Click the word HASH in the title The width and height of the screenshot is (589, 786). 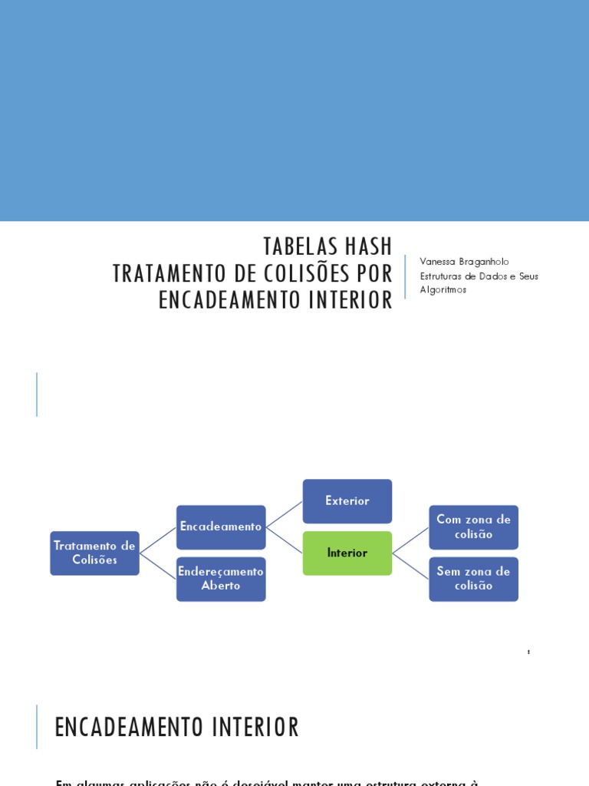click(x=366, y=246)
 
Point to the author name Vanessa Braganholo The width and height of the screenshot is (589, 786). click(x=464, y=262)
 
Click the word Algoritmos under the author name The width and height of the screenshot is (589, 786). click(x=443, y=289)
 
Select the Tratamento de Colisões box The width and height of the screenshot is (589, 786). click(x=94, y=553)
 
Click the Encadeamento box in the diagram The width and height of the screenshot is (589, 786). click(x=221, y=527)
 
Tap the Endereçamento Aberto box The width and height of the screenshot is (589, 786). click(x=221, y=579)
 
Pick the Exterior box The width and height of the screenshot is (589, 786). click(x=347, y=501)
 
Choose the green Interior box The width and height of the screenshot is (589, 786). click(x=347, y=553)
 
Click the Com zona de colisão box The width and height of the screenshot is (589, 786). click(x=473, y=527)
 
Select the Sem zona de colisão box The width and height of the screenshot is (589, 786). click(x=473, y=579)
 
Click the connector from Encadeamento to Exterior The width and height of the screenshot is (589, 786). click(x=284, y=514)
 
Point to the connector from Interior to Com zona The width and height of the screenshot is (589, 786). click(x=410, y=540)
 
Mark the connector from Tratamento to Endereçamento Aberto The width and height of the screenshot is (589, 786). click(x=158, y=566)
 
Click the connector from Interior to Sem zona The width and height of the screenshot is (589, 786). click(x=410, y=566)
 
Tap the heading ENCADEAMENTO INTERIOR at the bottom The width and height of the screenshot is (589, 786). click(x=176, y=727)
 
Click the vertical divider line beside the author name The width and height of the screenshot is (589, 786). click(x=405, y=276)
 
